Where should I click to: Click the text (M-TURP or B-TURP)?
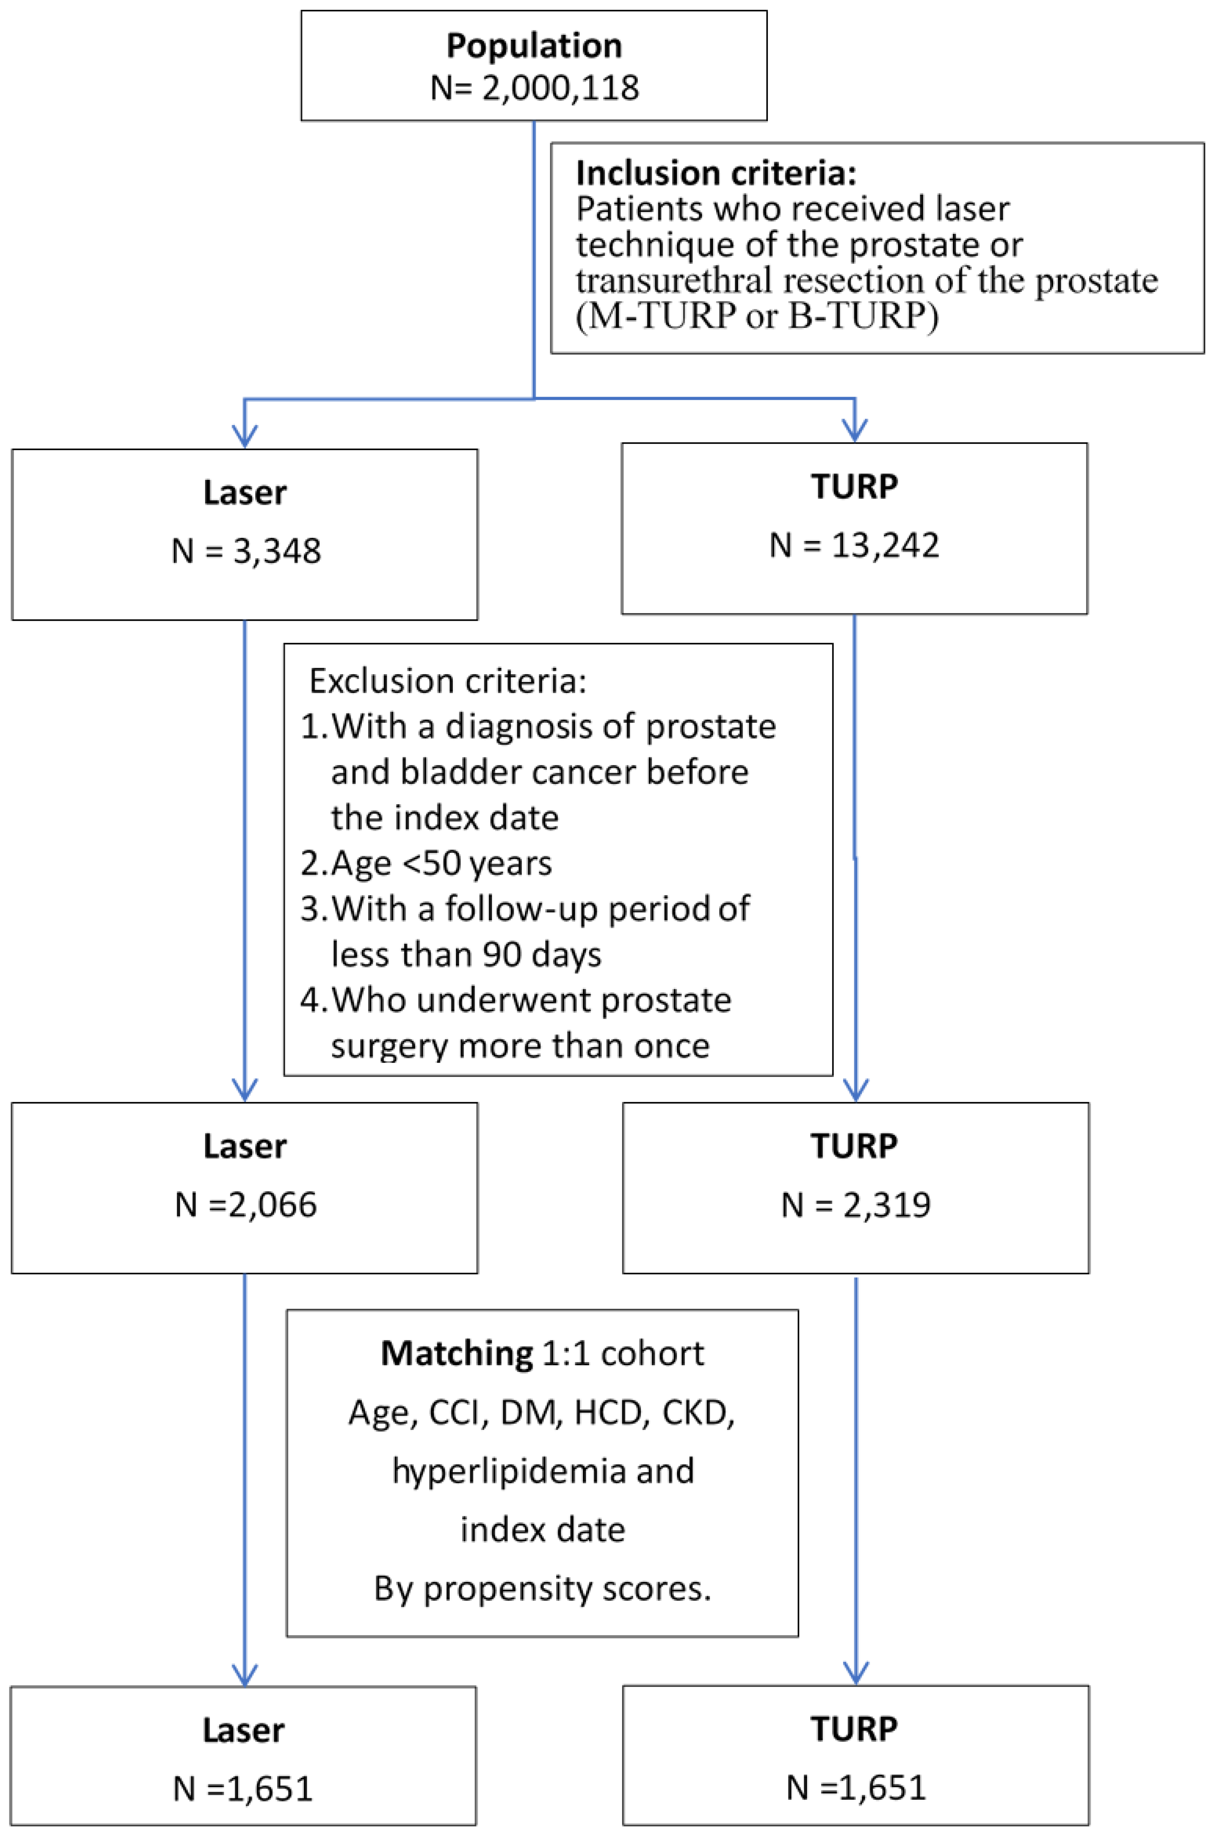(757, 316)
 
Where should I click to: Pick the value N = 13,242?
(854, 544)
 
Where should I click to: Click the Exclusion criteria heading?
(447, 680)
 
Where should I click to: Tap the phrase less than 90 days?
(466, 954)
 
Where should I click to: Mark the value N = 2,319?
(856, 1204)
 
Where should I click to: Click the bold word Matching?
(457, 1354)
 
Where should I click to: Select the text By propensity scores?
(542, 1588)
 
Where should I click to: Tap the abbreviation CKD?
(697, 1412)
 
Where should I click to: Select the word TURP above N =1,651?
(854, 1729)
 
